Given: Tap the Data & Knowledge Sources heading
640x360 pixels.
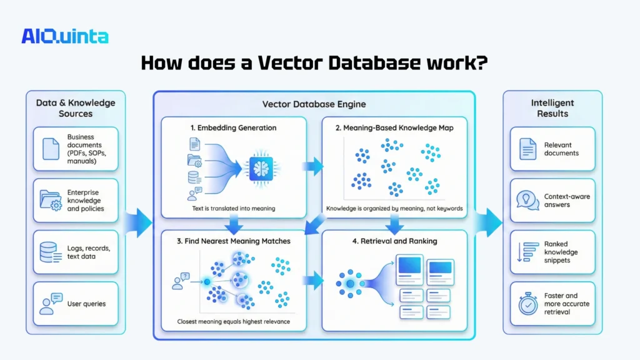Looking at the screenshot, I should tap(74, 108).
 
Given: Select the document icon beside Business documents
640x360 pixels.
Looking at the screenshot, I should tap(50, 149).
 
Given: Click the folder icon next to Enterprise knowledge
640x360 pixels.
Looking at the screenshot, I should tap(50, 200).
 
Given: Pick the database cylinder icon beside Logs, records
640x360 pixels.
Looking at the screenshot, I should tap(50, 252).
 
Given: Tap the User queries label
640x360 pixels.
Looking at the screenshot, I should tap(86, 304).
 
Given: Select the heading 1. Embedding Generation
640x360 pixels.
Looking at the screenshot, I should tap(233, 127).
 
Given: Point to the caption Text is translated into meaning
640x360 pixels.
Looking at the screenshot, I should tap(233, 208).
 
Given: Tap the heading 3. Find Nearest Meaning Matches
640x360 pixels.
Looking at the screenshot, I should tap(233, 241).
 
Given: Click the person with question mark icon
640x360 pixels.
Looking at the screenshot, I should tap(180, 282).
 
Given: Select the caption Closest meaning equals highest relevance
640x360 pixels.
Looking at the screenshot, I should tap(233, 323).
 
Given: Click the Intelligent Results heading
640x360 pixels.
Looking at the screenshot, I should tap(552, 108).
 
